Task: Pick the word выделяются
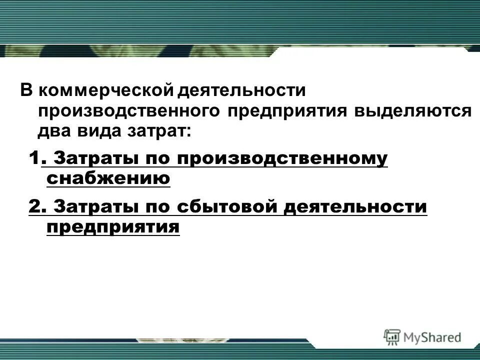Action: coord(412,111)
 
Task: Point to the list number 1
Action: coord(33,159)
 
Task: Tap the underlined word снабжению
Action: coord(108,178)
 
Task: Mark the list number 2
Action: coord(35,206)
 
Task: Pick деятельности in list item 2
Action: coord(355,206)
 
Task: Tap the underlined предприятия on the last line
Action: coord(113,226)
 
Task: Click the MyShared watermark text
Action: coord(433,337)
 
